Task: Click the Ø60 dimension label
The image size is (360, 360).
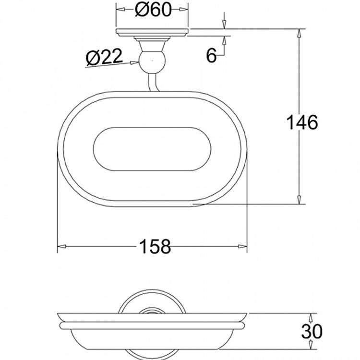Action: pos(153,10)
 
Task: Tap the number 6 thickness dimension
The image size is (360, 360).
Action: pos(212,55)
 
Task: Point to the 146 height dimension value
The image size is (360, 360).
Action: pos(302,122)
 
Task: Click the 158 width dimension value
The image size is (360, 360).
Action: pos(155,247)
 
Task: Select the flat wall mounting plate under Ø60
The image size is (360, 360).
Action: pos(152,33)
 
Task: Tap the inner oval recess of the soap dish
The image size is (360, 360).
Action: pos(151,149)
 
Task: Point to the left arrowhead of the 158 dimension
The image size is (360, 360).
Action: pos(61,247)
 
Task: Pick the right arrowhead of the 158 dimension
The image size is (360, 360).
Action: pos(243,247)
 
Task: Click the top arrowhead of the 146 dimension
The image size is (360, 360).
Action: pos(299,34)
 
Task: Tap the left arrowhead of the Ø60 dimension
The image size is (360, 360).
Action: pos(120,10)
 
